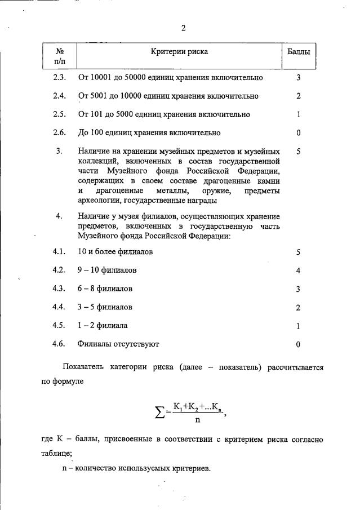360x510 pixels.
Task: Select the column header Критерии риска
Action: pyautogui.click(x=179, y=52)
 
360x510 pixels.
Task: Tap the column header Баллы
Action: pyautogui.click(x=298, y=52)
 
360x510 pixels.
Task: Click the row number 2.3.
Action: pyautogui.click(x=59, y=77)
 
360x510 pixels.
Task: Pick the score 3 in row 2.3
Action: pyautogui.click(x=298, y=77)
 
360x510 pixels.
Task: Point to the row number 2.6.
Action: pyautogui.click(x=59, y=133)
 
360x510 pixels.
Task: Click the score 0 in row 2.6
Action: pyautogui.click(x=298, y=133)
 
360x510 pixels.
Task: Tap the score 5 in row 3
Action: pyautogui.click(x=298, y=152)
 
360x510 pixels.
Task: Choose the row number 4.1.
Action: pyautogui.click(x=59, y=251)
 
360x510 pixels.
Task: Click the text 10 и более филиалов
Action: pyautogui.click(x=115, y=251)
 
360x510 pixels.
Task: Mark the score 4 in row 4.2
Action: pyautogui.click(x=298, y=270)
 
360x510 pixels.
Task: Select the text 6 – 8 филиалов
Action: pyautogui.click(x=105, y=289)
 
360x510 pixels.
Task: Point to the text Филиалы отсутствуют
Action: pyautogui.click(x=118, y=344)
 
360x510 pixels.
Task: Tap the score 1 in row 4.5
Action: pyautogui.click(x=298, y=326)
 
